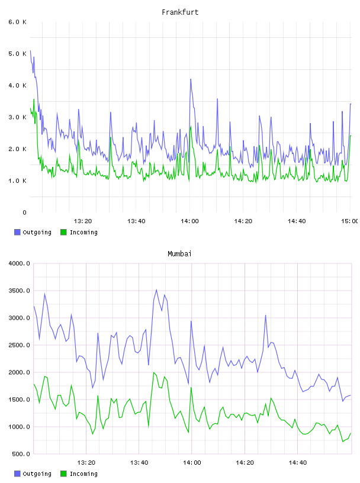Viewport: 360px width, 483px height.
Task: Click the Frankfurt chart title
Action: (180, 12)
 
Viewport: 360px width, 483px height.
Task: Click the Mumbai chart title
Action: (179, 254)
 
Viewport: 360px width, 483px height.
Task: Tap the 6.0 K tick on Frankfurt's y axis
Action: (18, 22)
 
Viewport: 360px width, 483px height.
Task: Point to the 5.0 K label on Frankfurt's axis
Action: (18, 54)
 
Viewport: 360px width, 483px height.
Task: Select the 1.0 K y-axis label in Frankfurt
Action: (18, 181)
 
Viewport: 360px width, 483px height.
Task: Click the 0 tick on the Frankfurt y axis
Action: (24, 212)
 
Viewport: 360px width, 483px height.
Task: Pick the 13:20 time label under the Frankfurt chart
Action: (83, 221)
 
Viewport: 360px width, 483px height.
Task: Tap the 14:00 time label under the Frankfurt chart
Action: (189, 221)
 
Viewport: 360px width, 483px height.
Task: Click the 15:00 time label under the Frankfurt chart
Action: (350, 221)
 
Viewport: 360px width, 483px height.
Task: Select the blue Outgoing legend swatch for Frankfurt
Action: (17, 232)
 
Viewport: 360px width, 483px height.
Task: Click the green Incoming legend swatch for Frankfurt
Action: (63, 232)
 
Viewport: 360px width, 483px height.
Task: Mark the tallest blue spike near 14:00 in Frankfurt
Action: (191, 79)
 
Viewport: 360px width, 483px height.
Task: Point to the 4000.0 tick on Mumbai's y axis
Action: (19, 263)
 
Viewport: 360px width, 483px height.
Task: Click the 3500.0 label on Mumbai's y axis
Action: (19, 291)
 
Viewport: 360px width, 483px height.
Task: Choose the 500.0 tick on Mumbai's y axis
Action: (21, 454)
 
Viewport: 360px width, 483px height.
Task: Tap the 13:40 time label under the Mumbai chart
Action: (139, 463)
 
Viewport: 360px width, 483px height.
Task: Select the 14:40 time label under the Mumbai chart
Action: (297, 463)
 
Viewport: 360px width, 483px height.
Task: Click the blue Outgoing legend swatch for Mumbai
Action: (17, 474)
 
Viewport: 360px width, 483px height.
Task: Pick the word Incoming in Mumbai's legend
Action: (83, 474)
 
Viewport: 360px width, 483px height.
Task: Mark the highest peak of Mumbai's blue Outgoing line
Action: (156, 289)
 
